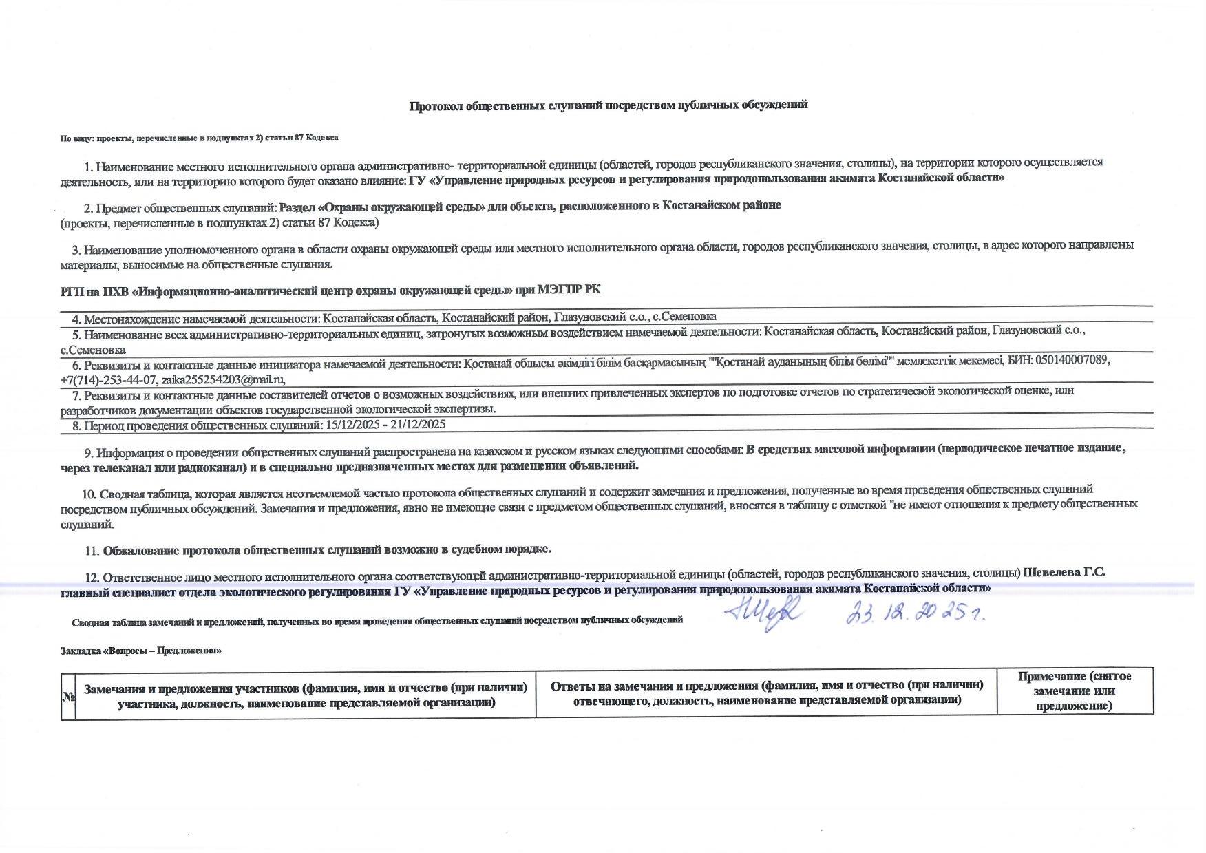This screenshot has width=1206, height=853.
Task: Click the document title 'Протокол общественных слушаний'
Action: pos(608,105)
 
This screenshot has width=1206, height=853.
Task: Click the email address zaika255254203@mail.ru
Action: pos(223,379)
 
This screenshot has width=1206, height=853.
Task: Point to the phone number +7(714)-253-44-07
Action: pos(109,379)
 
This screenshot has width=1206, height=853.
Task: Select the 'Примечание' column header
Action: pos(1075,691)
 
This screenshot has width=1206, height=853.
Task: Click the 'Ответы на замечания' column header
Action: pos(767,692)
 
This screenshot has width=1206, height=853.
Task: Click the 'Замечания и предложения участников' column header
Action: pos(306,695)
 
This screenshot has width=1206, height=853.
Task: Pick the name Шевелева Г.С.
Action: pos(1064,573)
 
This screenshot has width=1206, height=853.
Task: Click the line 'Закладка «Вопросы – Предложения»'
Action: pos(140,651)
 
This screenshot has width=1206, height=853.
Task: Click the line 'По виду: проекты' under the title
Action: pos(199,138)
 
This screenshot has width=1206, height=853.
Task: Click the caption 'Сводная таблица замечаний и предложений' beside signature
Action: pos(377,620)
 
